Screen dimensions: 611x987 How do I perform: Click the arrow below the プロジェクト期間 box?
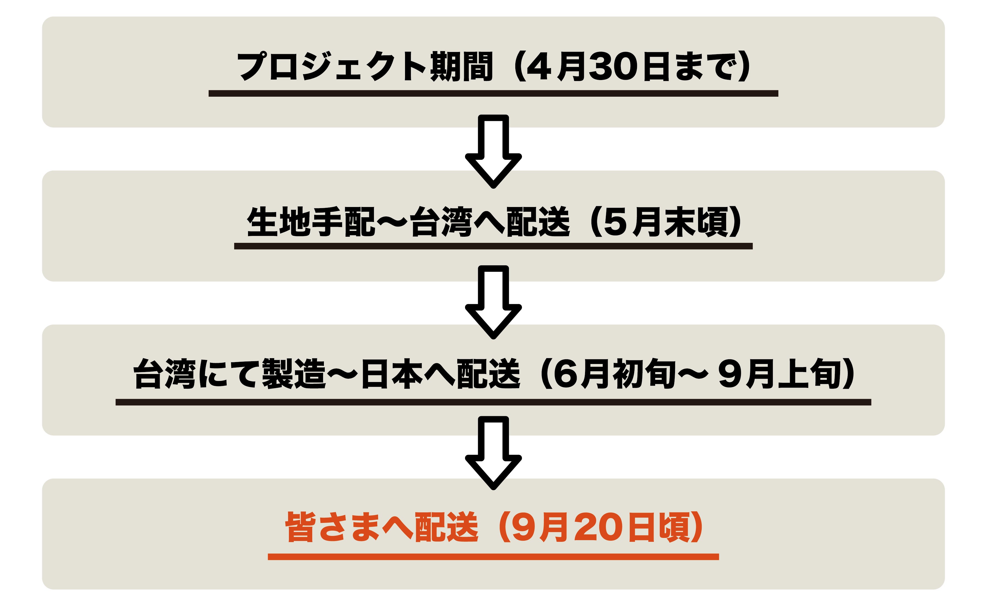pyautogui.click(x=493, y=151)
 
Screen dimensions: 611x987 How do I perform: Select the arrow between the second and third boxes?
pyautogui.click(x=493, y=302)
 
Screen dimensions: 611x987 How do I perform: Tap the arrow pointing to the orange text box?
pyautogui.click(x=493, y=453)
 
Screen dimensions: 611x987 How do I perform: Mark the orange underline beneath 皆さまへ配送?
pyautogui.click(x=493, y=557)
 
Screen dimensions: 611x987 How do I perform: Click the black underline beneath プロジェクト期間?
pyautogui.click(x=493, y=93)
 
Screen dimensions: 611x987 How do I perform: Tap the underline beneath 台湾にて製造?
pyautogui.click(x=493, y=402)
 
